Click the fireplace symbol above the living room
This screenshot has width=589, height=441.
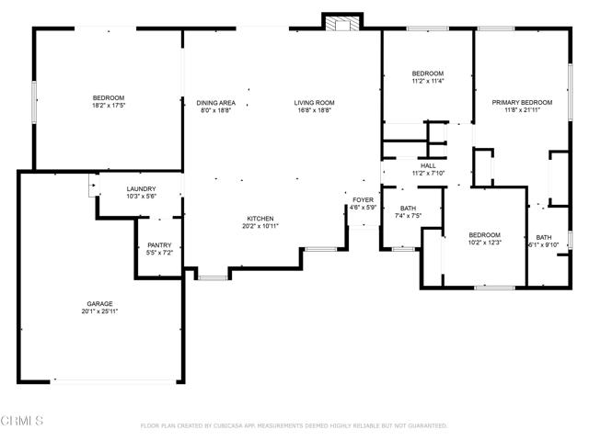coord(342,23)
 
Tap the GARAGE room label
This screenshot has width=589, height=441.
coord(100,304)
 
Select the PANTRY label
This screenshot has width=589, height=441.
coord(159,245)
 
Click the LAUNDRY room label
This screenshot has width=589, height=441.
coord(141,189)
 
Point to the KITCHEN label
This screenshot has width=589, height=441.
coord(260,219)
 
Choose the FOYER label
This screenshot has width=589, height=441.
coord(363,200)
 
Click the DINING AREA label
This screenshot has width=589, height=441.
coord(216,103)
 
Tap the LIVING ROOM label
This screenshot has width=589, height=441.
coord(314,103)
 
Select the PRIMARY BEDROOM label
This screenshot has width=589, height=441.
coord(522,102)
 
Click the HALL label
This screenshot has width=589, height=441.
coord(428,165)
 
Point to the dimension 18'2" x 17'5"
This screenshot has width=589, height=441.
coord(109,106)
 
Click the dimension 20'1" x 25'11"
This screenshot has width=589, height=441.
coord(100,311)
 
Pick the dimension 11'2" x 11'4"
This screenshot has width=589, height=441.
coord(428,81)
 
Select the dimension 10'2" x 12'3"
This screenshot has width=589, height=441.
coord(485,243)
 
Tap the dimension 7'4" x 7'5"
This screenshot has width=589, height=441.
coord(408,216)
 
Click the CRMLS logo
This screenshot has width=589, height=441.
coord(22,421)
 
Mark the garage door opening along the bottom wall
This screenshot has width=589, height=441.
coord(112,382)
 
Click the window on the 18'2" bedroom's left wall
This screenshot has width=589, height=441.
coord(34,102)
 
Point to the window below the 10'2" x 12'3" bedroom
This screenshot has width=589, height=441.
coord(495,288)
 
